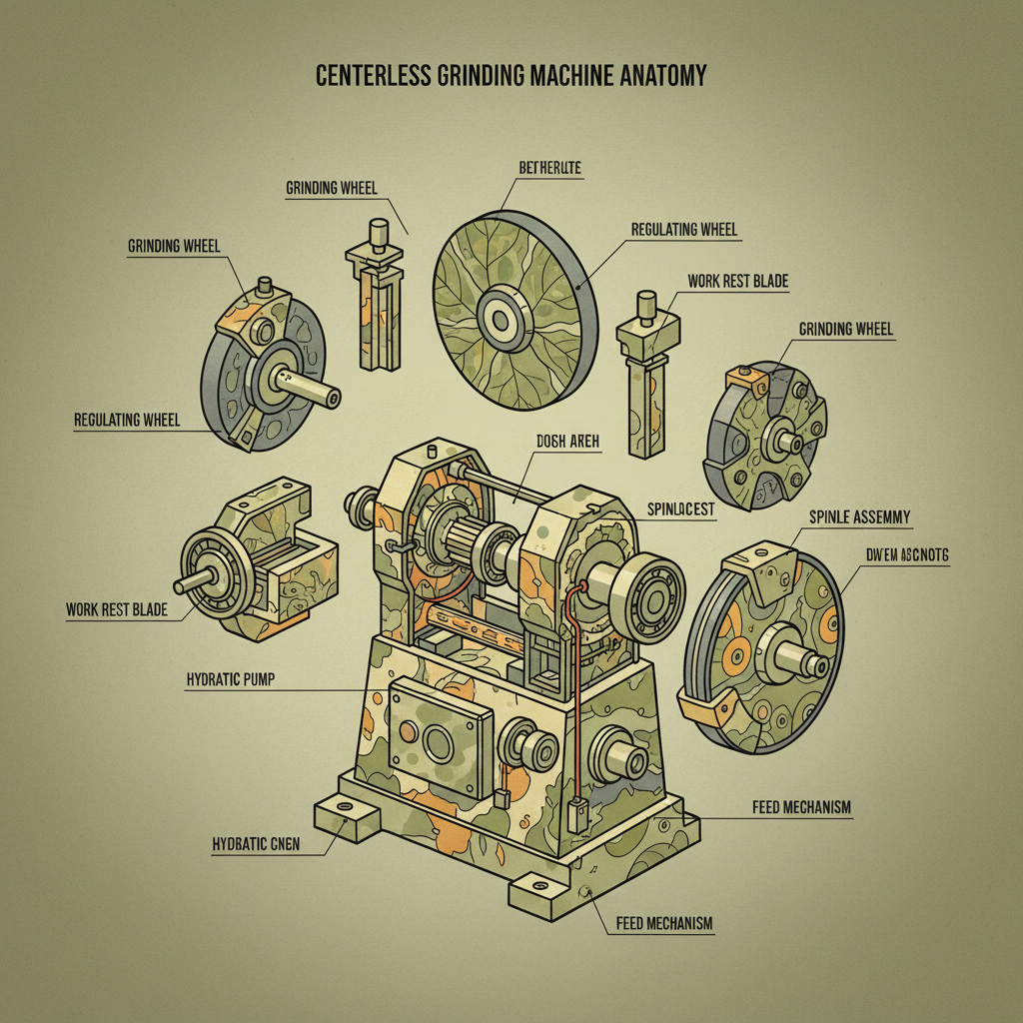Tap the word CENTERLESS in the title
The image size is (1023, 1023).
[x=375, y=76]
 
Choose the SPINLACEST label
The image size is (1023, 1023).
[x=681, y=510]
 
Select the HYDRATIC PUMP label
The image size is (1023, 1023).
[x=230, y=679]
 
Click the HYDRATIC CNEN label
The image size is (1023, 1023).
[x=256, y=844]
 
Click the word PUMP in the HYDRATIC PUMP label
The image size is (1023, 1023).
[x=257, y=679]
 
